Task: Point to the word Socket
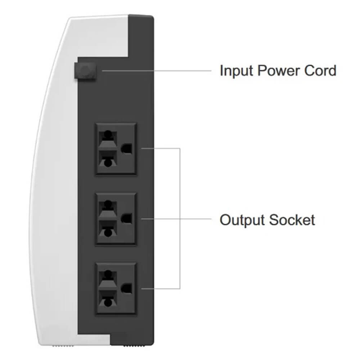(x=292, y=220)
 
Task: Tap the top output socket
(x=116, y=149)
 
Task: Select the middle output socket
(x=116, y=219)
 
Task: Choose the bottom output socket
(x=116, y=289)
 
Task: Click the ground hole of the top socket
(x=126, y=149)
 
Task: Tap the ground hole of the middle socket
(x=126, y=219)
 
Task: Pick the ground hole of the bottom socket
(x=126, y=289)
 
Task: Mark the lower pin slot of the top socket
(x=108, y=160)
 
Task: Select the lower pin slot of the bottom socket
(x=108, y=300)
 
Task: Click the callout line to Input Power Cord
(x=157, y=71)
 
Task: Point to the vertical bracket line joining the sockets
(x=180, y=219)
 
